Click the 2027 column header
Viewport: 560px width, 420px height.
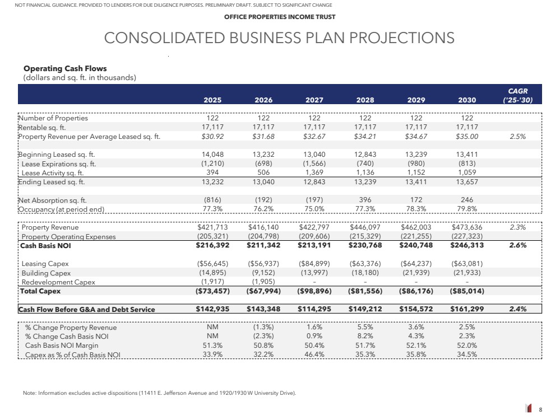click(314, 100)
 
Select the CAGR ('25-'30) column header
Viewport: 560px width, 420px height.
click(517, 95)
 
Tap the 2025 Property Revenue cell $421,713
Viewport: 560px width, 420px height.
click(212, 227)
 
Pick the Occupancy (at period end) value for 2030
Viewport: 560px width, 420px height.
click(466, 209)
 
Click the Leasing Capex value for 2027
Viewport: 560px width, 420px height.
click(314, 264)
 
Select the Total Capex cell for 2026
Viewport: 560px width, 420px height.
click(263, 291)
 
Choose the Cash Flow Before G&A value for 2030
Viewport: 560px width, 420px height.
click(466, 309)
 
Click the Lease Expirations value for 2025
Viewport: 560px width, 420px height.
click(212, 164)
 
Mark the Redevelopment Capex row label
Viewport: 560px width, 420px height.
click(58, 282)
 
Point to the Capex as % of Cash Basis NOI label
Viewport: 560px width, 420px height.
click(73, 354)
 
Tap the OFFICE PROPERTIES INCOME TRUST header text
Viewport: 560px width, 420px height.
click(280, 17)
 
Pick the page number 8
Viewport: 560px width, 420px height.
click(540, 410)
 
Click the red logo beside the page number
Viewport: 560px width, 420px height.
click(529, 409)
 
